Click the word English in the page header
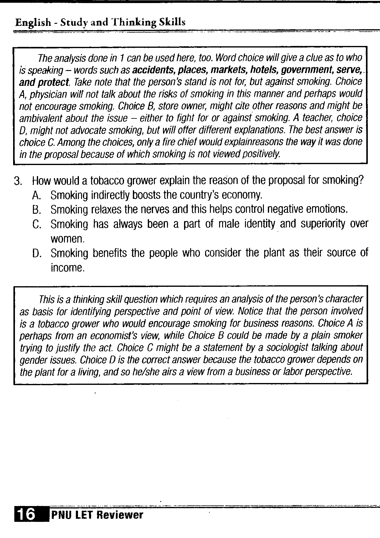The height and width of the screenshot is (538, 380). pyautogui.click(x=33, y=22)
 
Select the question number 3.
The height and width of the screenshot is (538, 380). pyautogui.click(x=18, y=181)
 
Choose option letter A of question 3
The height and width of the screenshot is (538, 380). pyautogui.click(x=36, y=195)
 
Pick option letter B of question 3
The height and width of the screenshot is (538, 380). pyautogui.click(x=36, y=210)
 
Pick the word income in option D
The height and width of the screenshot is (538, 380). pyautogui.click(x=67, y=268)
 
